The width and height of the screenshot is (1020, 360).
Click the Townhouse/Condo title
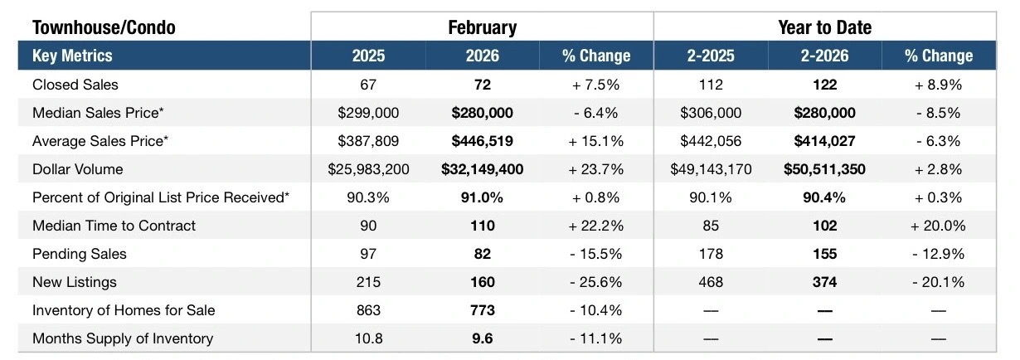click(x=104, y=27)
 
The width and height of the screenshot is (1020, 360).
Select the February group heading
click(x=482, y=27)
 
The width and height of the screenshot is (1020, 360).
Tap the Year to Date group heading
click(x=824, y=27)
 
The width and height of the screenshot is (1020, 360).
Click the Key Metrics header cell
click(x=72, y=56)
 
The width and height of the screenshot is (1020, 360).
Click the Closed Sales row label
click(x=75, y=85)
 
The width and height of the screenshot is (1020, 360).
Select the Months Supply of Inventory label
click(x=123, y=338)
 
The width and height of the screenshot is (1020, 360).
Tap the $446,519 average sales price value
click(x=482, y=141)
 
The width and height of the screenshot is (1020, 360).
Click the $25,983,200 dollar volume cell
click(x=368, y=169)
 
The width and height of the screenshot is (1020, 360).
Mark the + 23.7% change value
click(x=595, y=169)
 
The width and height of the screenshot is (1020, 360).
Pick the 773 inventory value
click(x=482, y=310)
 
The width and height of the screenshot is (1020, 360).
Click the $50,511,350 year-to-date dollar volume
click(x=824, y=169)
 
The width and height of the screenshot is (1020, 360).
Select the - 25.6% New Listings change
click(x=595, y=282)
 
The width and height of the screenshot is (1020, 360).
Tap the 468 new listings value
click(x=711, y=282)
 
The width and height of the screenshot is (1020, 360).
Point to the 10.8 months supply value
click(x=368, y=338)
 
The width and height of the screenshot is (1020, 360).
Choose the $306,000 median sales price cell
click(x=711, y=113)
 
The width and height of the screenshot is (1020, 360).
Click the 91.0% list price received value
click(x=482, y=197)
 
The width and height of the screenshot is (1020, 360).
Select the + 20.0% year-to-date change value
click(x=938, y=226)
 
